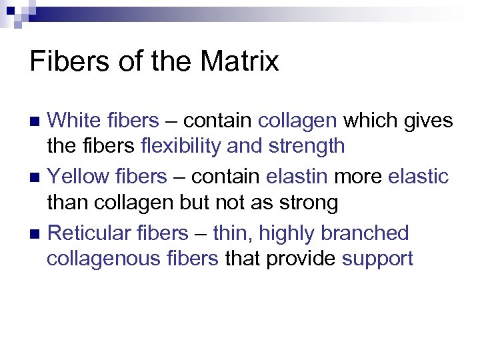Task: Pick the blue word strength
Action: click(x=307, y=146)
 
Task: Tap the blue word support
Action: click(x=377, y=258)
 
